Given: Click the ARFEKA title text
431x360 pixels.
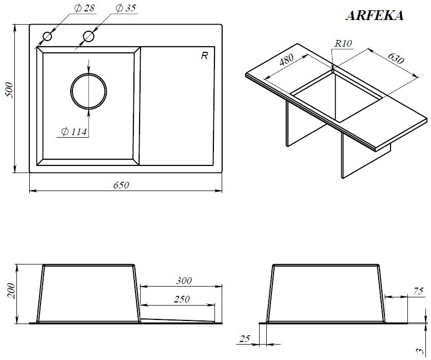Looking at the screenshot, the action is [x=375, y=15].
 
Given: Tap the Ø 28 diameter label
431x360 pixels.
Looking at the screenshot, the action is [x=84, y=8].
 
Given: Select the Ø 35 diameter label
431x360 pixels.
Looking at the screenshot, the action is [x=126, y=8].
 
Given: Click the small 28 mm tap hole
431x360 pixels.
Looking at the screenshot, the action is [x=47, y=36].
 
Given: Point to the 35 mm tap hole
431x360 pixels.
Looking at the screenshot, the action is [x=88, y=36].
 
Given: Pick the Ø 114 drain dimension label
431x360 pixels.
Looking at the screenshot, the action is [x=74, y=132].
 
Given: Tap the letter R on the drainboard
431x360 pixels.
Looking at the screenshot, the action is [x=204, y=56].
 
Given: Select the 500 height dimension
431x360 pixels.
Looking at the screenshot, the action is [x=9, y=90].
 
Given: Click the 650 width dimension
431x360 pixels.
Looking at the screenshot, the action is [x=121, y=185].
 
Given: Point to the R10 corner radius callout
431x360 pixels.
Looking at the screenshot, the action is [x=343, y=44].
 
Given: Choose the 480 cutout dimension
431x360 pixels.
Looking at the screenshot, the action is [x=286, y=60].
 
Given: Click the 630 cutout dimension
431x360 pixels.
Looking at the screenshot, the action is [x=396, y=58].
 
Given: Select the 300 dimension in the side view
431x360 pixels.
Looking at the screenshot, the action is [x=184, y=281].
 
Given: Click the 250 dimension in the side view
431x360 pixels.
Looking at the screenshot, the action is [x=182, y=299].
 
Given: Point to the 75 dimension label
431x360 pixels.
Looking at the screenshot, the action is [x=418, y=291].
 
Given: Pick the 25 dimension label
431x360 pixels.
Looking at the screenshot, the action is [x=245, y=338].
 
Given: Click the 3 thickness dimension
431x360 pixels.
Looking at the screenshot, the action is [x=420, y=351].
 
